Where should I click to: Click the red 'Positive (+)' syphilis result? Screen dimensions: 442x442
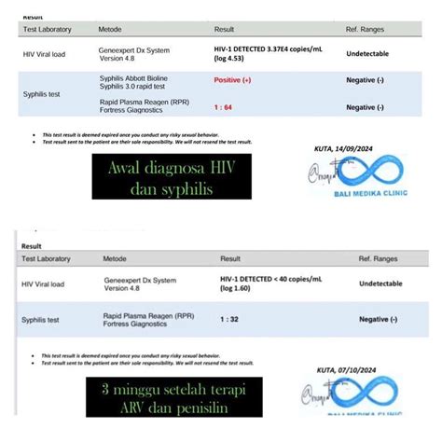tap(233, 81)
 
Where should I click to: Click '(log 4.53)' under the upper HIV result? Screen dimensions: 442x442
tap(230, 59)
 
